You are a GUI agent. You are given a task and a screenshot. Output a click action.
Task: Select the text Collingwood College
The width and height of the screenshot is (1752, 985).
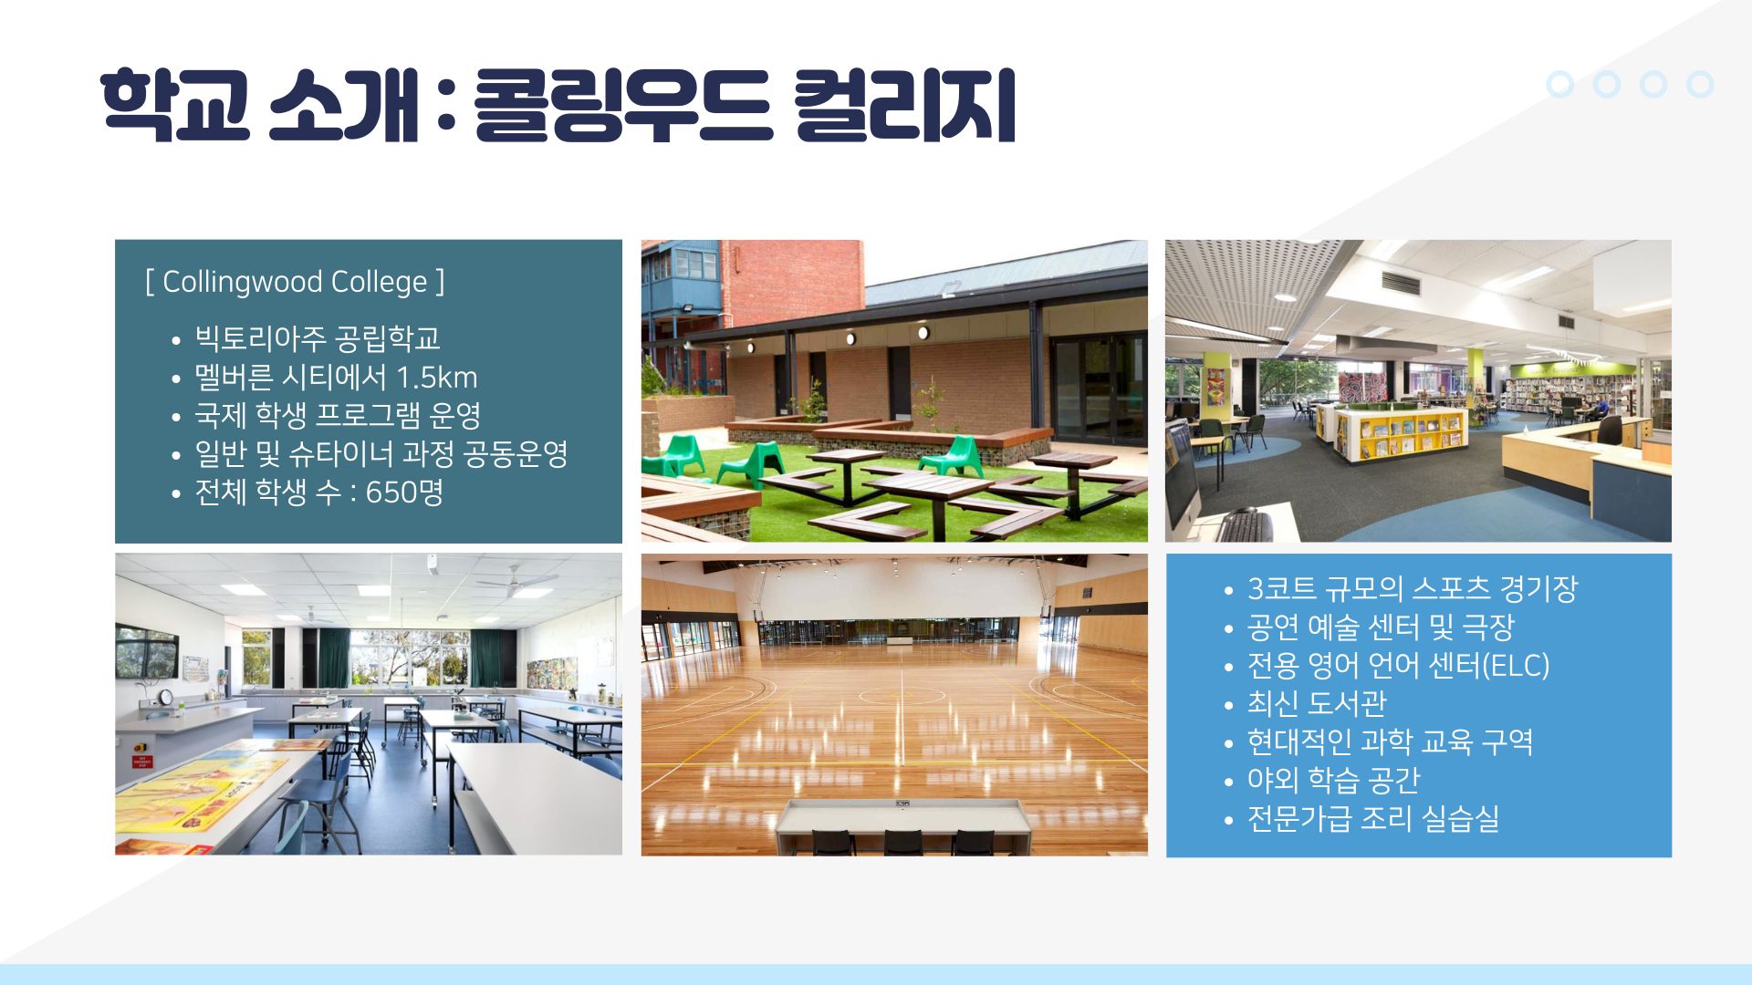[x=295, y=282]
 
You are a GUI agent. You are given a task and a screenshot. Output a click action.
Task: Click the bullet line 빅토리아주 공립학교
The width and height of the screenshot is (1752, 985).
[x=318, y=338]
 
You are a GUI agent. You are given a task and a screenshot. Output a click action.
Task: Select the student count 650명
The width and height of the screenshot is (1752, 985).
[x=404, y=493]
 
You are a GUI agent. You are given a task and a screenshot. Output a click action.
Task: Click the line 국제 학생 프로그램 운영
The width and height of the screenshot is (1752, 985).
[x=338, y=416]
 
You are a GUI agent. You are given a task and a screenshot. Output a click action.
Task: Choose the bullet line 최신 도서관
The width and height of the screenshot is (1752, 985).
[x=1317, y=703]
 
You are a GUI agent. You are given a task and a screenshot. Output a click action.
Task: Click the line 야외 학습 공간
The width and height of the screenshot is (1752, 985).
[x=1334, y=780]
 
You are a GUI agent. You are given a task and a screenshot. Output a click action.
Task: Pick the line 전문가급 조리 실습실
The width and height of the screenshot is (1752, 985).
[x=1373, y=818]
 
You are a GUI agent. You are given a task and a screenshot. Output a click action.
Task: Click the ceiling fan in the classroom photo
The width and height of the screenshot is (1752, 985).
[x=517, y=580]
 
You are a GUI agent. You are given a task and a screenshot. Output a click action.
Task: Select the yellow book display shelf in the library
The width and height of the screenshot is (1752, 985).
[x=1402, y=432]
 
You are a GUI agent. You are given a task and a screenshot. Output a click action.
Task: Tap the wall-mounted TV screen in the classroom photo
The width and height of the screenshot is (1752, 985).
[x=146, y=651]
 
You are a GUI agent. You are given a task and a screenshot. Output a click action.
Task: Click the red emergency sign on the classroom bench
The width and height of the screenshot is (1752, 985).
[x=141, y=762]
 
